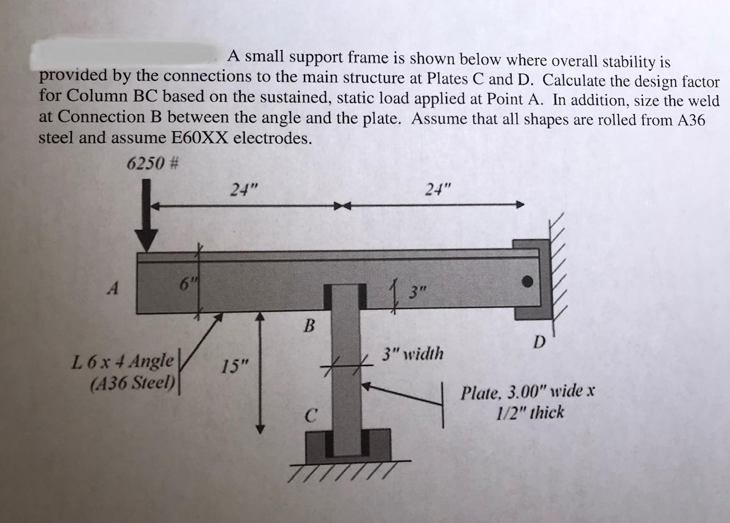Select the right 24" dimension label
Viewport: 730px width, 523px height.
pos(437,190)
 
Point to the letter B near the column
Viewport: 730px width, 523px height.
pos(310,327)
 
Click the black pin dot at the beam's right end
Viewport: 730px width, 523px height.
pos(529,281)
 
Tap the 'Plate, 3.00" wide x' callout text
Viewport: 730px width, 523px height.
pos(529,392)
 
